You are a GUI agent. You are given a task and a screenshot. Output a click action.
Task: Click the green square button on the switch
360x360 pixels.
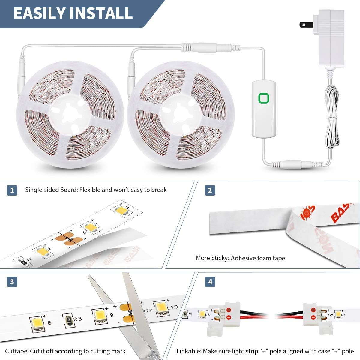pyautogui.click(x=264, y=98)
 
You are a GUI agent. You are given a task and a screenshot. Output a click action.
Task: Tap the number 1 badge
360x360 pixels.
pyautogui.click(x=12, y=190)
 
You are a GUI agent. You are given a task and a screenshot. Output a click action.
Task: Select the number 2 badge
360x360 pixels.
pyautogui.click(x=210, y=190)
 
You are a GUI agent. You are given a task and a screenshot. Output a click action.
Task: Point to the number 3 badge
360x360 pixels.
pyautogui.click(x=12, y=282)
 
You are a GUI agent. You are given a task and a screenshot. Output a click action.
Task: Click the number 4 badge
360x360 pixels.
pyautogui.click(x=210, y=282)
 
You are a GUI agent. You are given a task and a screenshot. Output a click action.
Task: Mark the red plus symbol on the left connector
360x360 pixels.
pyautogui.click(x=229, y=310)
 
